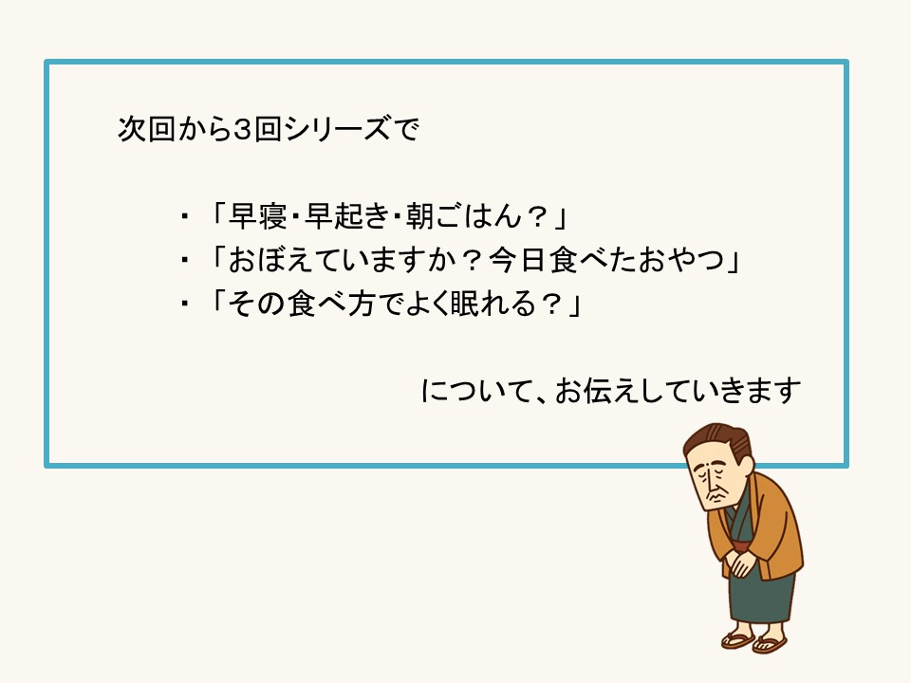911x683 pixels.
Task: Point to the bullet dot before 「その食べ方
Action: click(x=185, y=306)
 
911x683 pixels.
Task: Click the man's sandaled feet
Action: click(x=754, y=640)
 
